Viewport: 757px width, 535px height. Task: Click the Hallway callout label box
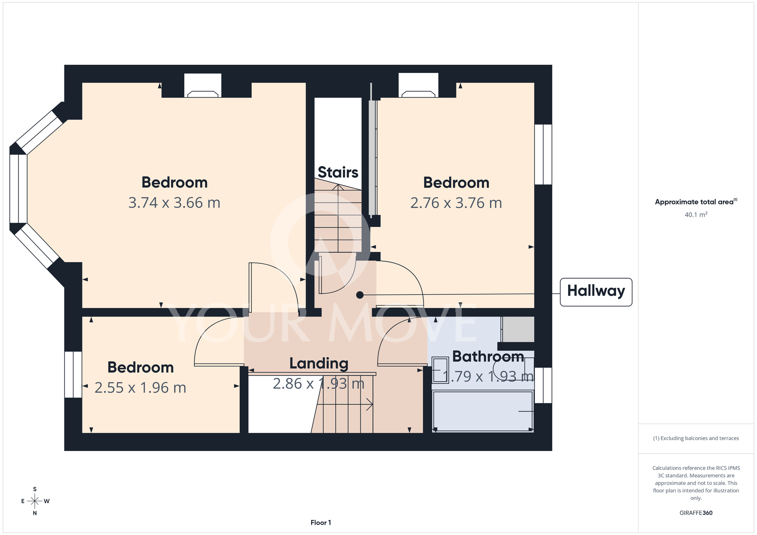coord(596,292)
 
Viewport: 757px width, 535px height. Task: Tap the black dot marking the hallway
coord(360,295)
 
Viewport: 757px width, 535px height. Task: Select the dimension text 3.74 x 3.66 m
coord(174,203)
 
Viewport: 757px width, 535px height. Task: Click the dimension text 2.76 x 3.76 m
coord(456,203)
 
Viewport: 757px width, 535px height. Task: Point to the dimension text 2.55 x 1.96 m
coord(140,388)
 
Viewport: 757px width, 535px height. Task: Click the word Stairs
coord(338,172)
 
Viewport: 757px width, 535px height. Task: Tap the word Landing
coord(319,364)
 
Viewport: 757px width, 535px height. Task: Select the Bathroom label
coord(488,356)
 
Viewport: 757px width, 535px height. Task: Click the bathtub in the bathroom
coord(483,411)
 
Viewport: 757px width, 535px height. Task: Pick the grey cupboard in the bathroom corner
coord(518,329)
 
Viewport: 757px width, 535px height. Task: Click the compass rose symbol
coord(35,501)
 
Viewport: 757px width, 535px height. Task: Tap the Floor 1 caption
coord(321,523)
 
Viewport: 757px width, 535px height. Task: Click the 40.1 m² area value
coord(696,215)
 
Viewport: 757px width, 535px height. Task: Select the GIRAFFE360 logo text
coord(696,513)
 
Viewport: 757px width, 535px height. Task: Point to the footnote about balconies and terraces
coord(696,438)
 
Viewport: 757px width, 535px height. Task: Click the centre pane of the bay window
coord(18,189)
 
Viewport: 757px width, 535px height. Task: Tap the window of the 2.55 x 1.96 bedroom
coord(73,375)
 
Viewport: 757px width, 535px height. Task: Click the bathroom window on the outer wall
coord(543,385)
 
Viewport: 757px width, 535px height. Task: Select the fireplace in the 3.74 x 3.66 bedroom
coord(203,86)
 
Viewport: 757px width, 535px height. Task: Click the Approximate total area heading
coord(696,202)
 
